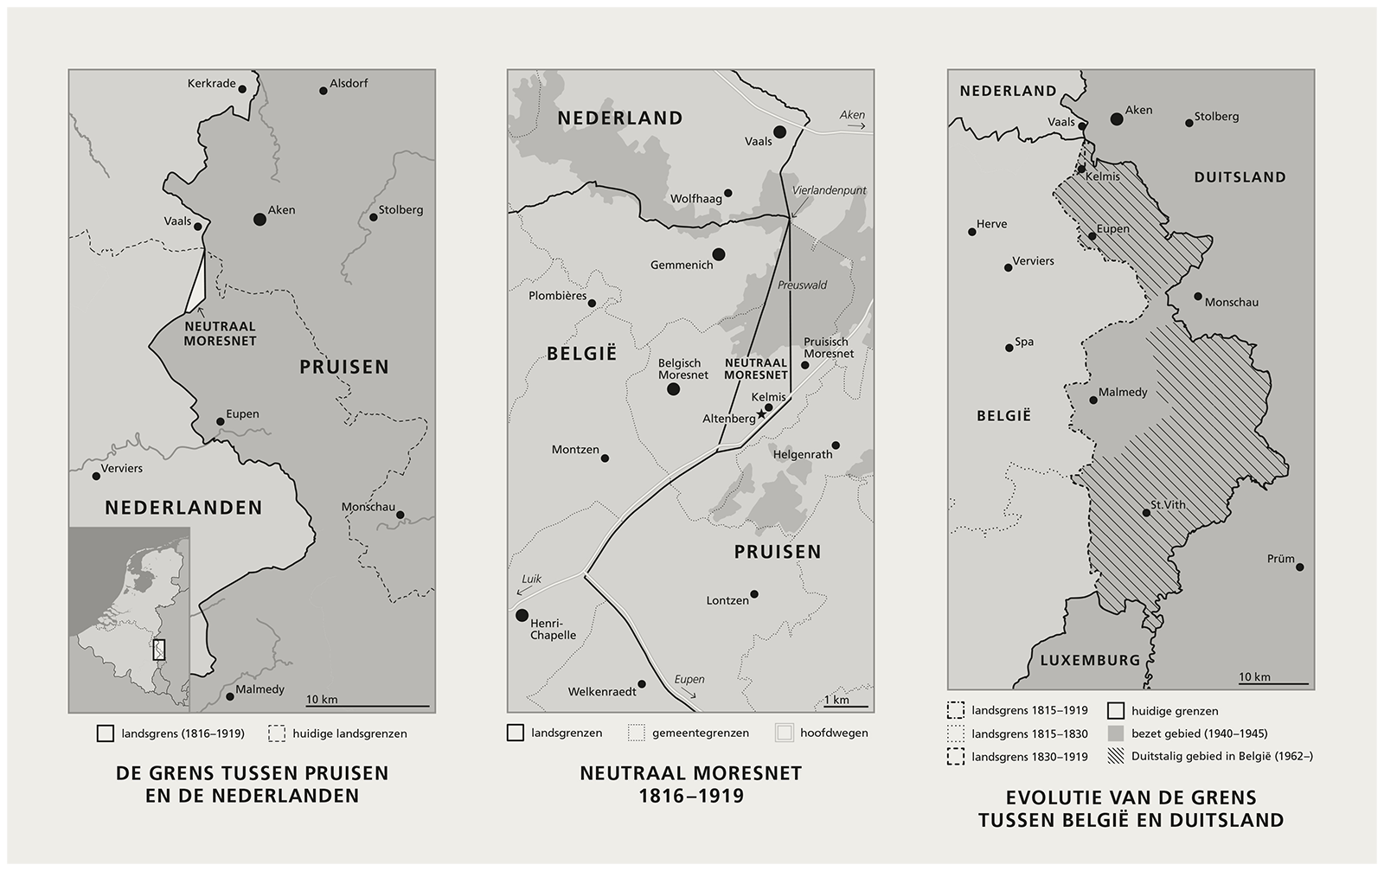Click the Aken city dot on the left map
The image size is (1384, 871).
pyautogui.click(x=259, y=219)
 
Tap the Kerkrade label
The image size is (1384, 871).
pyautogui.click(x=211, y=84)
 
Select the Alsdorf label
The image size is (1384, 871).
pyautogui.click(x=349, y=84)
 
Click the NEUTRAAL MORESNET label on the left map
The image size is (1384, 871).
pyautogui.click(x=220, y=333)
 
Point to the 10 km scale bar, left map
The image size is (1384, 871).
pyautogui.click(x=367, y=706)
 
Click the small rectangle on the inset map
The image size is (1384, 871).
pyautogui.click(x=159, y=650)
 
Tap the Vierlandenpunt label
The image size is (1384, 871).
pyautogui.click(x=829, y=190)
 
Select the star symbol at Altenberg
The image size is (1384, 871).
pyautogui.click(x=761, y=414)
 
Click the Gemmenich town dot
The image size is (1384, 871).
pyautogui.click(x=718, y=253)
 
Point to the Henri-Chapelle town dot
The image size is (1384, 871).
pyautogui.click(x=522, y=615)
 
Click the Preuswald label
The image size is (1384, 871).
pyautogui.click(x=802, y=285)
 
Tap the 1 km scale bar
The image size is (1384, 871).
pyautogui.click(x=845, y=706)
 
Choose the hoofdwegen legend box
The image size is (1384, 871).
pyautogui.click(x=784, y=733)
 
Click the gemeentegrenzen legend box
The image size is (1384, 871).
pyautogui.click(x=637, y=733)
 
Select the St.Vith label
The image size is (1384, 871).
pyautogui.click(x=1168, y=504)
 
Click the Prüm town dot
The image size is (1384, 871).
pyautogui.click(x=1299, y=567)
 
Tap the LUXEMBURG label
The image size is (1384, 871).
pyautogui.click(x=1090, y=660)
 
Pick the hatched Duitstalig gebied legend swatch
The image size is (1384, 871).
pyautogui.click(x=1116, y=756)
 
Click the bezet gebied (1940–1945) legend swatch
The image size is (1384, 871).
pyautogui.click(x=1116, y=733)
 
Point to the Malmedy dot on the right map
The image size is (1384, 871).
pyautogui.click(x=1093, y=400)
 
